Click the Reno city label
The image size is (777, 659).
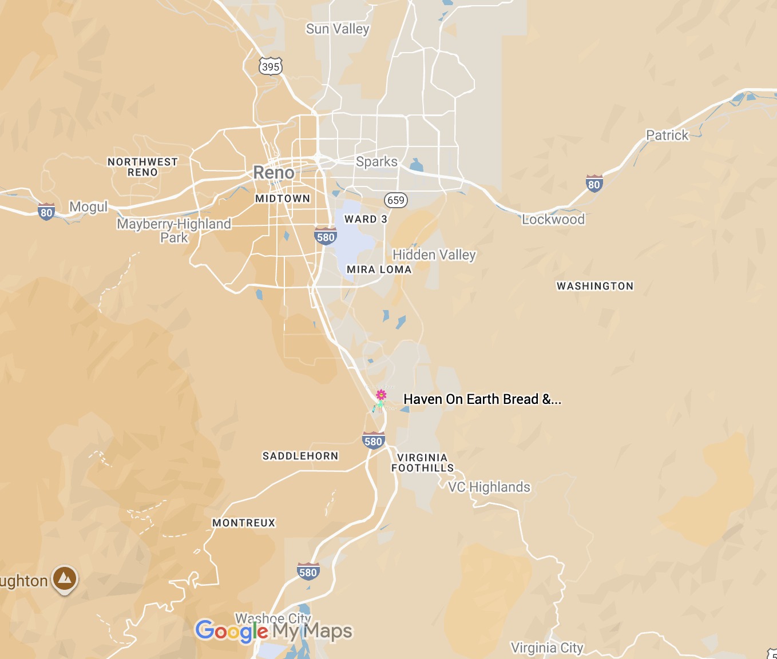[273, 172]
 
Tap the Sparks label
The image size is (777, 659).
[376, 162]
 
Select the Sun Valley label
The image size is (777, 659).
[338, 29]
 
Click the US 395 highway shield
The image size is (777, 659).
[270, 66]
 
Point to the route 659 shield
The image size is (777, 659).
[396, 200]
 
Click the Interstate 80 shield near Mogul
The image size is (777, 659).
[46, 212]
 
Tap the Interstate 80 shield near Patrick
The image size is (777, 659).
[594, 184]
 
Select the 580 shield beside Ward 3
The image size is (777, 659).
[325, 236]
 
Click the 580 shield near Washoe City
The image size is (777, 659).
[308, 571]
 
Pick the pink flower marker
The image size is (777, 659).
[380, 395]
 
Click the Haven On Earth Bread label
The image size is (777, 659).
[482, 399]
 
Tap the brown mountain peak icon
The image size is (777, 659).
[65, 579]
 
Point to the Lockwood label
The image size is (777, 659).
[553, 219]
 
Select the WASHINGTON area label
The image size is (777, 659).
[595, 286]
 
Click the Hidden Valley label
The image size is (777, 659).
[434, 255]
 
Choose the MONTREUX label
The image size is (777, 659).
[244, 523]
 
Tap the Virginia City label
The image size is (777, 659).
[546, 648]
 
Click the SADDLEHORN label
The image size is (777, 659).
[300, 456]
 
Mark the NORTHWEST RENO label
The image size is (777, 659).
[142, 167]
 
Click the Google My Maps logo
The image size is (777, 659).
[273, 631]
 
